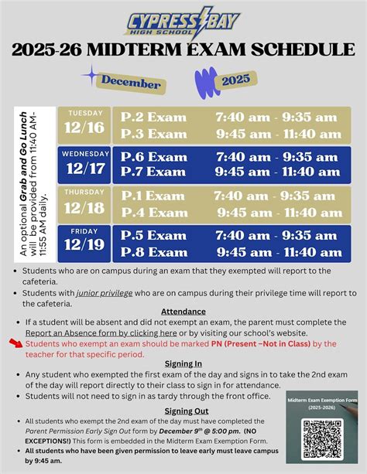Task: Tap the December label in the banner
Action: point(131,83)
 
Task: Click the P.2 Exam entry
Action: point(154,117)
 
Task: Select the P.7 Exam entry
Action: point(154,172)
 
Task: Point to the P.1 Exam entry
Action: point(154,196)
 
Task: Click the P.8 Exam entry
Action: point(154,251)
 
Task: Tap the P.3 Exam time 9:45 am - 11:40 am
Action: point(276,133)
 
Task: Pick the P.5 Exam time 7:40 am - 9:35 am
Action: point(276,235)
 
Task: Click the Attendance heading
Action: point(183,311)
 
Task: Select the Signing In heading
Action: point(183,364)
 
